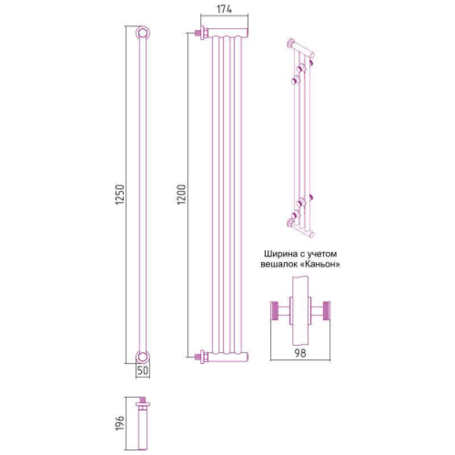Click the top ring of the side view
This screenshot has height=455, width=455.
point(143,32)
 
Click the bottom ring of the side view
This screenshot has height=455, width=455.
point(143,357)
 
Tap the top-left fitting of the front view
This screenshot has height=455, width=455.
point(200,34)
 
